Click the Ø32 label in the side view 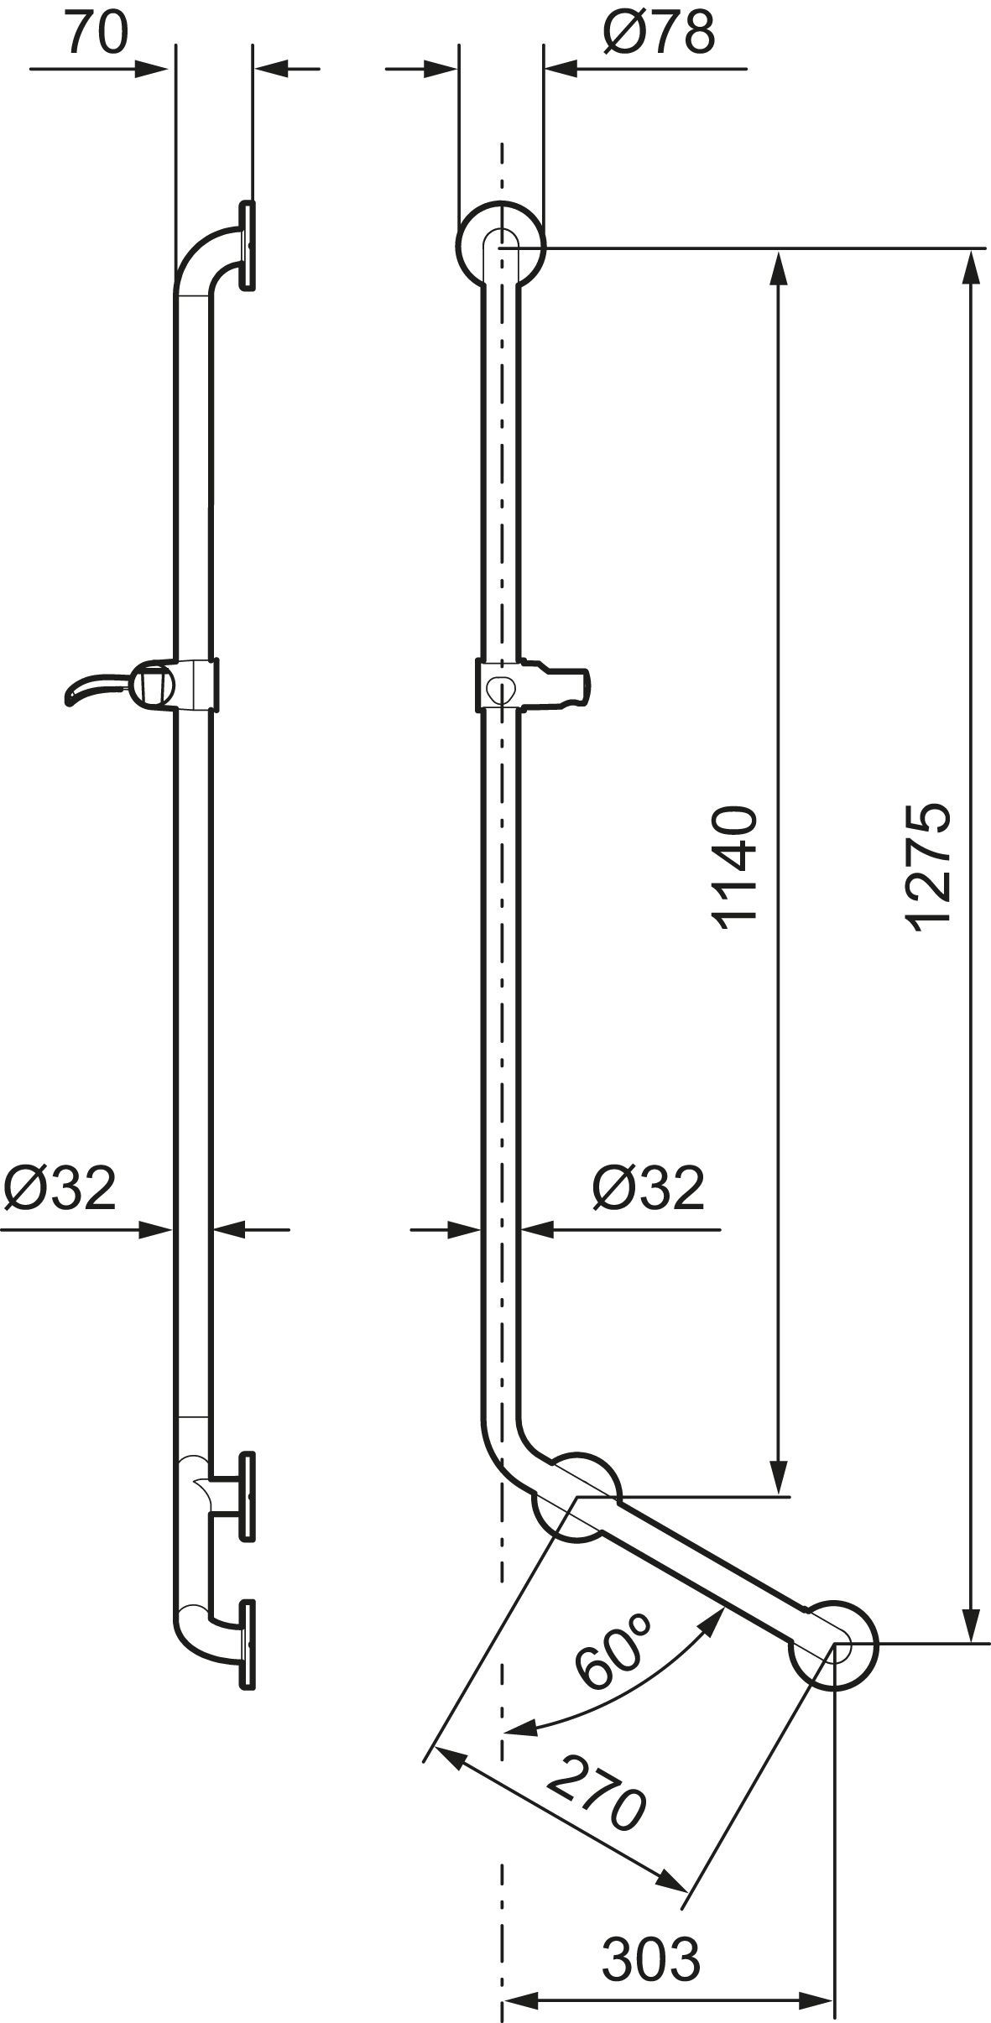(x=59, y=1188)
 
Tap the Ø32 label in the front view (x=648, y=1188)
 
